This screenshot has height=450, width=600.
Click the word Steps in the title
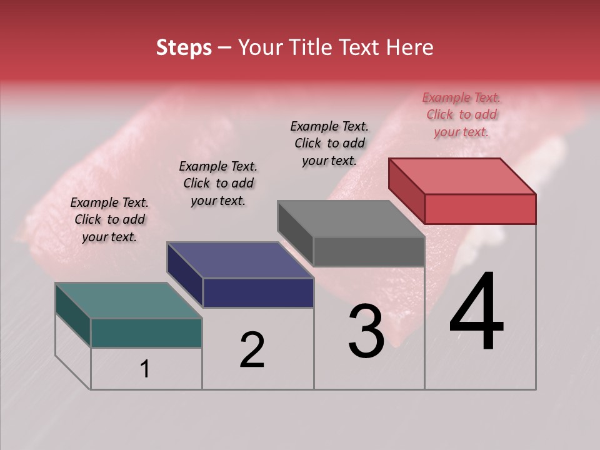tap(184, 47)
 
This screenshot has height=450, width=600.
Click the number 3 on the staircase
tap(366, 331)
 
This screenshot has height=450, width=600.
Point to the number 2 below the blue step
tap(252, 350)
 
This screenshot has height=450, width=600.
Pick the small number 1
tap(144, 369)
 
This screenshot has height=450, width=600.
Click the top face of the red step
tap(462, 176)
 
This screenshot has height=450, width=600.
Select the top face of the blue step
tap(240, 260)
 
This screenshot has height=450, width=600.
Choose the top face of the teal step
tap(129, 301)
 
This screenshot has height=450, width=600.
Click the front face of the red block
tap(480, 209)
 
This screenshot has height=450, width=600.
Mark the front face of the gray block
tap(369, 251)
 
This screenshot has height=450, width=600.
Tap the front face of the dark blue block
tap(258, 292)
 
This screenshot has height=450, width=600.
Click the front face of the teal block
tap(146, 332)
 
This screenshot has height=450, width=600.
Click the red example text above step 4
tap(461, 114)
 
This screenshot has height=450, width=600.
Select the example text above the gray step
tap(329, 143)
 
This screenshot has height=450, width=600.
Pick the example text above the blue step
tap(218, 183)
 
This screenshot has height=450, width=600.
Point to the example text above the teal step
tap(109, 219)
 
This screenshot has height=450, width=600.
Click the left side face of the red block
tap(406, 191)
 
